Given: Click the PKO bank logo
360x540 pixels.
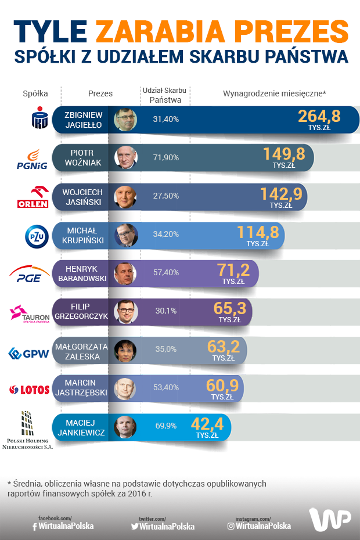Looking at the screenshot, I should point(39,118).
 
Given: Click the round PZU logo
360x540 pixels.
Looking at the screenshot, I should point(35,236).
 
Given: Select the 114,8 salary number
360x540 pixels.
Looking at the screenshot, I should point(258,232).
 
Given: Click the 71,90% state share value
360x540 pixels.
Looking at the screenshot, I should point(165,157).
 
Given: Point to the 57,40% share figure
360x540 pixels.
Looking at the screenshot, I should point(165,272).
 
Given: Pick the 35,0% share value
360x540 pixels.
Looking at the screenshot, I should point(165,350).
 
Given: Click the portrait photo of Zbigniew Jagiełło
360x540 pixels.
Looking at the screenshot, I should point(125,120).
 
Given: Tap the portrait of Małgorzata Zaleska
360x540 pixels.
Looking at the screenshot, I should point(125,350).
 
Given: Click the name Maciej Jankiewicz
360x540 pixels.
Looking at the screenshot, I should point(82,427).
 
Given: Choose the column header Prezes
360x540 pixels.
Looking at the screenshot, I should point(100,93).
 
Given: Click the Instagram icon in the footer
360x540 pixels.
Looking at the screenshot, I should point(231,526).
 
